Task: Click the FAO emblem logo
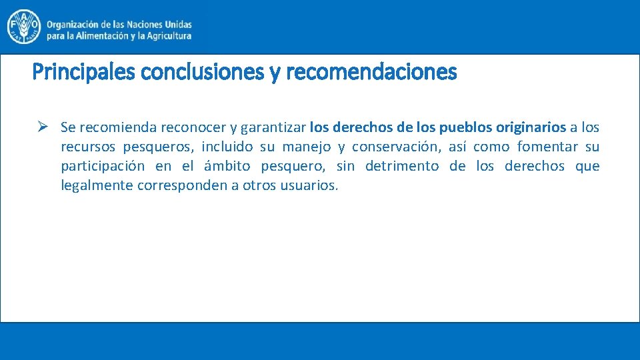(23, 27)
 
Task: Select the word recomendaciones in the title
(371, 71)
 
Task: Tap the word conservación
(396, 147)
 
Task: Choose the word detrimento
(402, 166)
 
